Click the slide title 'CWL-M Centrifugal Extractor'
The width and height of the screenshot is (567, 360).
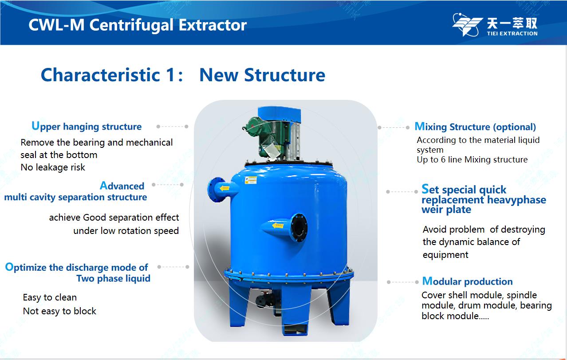tap(138, 25)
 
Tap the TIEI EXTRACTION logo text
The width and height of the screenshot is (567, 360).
tap(512, 33)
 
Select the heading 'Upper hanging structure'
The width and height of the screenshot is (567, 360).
tap(87, 126)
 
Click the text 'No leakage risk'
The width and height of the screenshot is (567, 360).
tap(53, 167)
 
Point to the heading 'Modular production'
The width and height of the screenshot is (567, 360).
tap(467, 281)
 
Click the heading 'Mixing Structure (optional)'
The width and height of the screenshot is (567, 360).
tap(475, 127)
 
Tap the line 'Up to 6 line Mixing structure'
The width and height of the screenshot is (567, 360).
tap(472, 160)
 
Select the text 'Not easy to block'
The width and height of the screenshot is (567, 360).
tap(59, 311)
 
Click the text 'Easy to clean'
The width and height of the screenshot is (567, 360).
tap(50, 297)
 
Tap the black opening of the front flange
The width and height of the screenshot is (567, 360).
tap(299, 228)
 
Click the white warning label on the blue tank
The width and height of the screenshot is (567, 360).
tap(251, 180)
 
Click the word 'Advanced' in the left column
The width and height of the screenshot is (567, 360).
tap(122, 186)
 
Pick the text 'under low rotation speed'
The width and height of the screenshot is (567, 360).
tap(126, 231)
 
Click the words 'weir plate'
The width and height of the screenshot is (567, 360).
tap(446, 210)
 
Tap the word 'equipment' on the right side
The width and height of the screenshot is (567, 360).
tap(445, 255)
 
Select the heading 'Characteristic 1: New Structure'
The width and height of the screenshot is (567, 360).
tap(183, 75)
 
